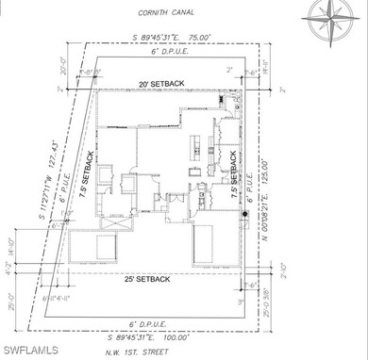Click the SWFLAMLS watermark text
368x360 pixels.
tap(32, 351)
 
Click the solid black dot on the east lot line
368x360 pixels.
tap(244, 215)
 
